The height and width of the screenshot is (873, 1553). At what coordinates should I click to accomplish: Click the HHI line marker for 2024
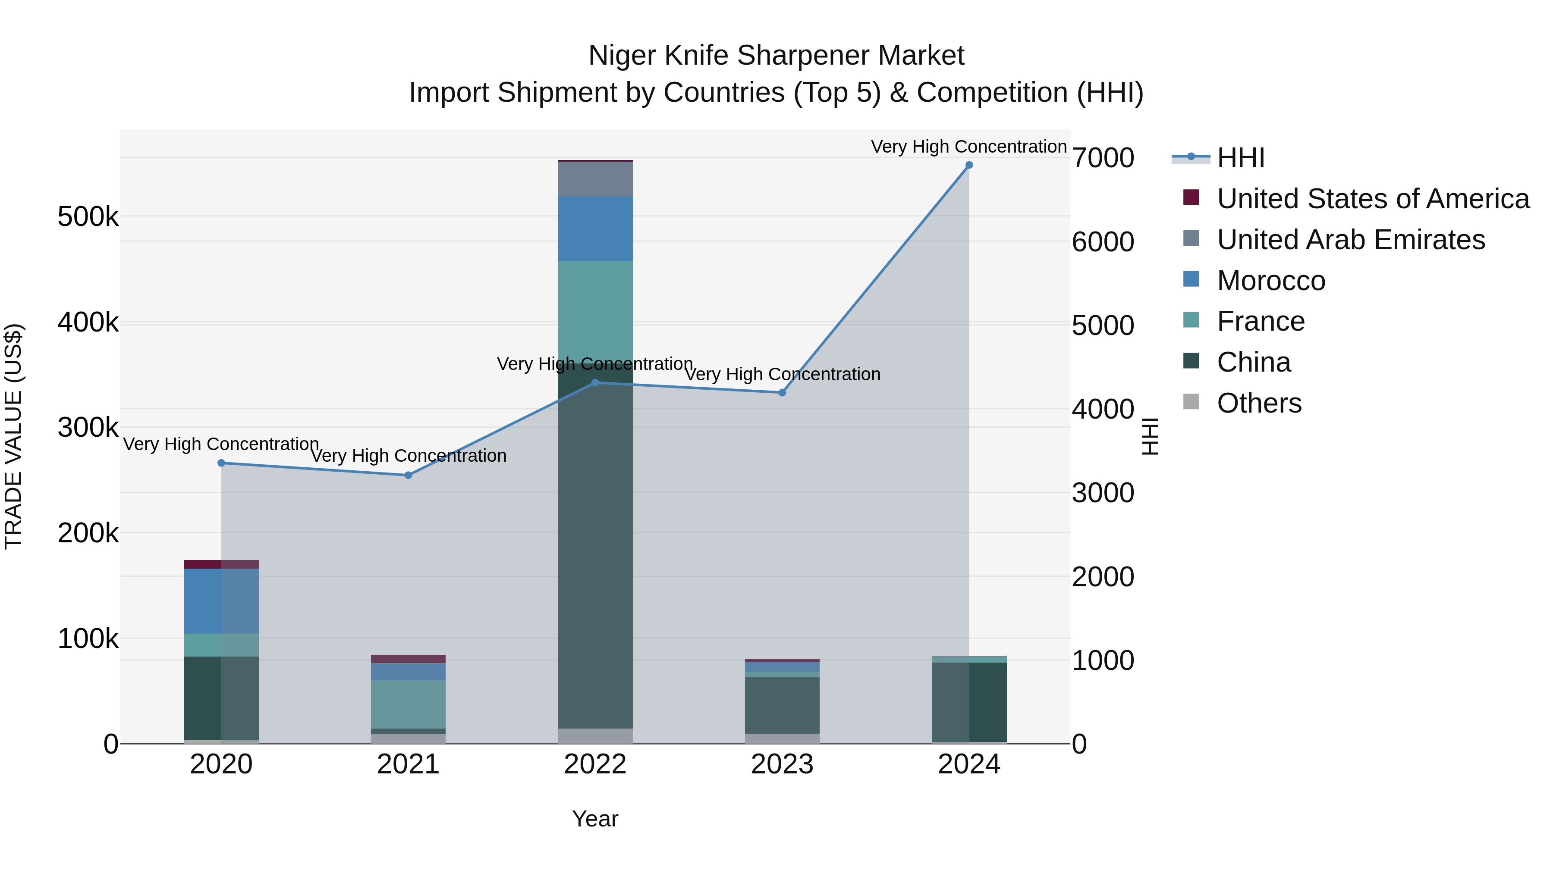969,165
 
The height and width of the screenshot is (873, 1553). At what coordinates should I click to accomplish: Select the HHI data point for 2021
408,476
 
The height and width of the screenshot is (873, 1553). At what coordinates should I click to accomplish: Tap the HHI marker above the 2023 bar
782,393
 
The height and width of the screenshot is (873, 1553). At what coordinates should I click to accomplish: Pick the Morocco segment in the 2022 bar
595,229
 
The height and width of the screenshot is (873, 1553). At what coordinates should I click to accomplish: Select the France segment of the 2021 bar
408,704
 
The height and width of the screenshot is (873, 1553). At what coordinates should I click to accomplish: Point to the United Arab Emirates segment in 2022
595,179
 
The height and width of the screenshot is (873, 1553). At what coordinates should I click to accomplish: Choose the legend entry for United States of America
1373,199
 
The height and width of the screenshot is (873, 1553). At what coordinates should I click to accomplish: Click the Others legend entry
1259,403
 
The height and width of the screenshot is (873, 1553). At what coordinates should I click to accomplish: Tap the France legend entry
1260,321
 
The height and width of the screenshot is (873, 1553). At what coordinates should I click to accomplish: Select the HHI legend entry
1240,158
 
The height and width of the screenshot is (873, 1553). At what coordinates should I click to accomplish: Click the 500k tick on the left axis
88,217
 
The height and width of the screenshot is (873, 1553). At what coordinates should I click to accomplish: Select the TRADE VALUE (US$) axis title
13,436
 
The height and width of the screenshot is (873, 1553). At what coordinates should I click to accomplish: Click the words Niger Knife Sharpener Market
776,56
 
